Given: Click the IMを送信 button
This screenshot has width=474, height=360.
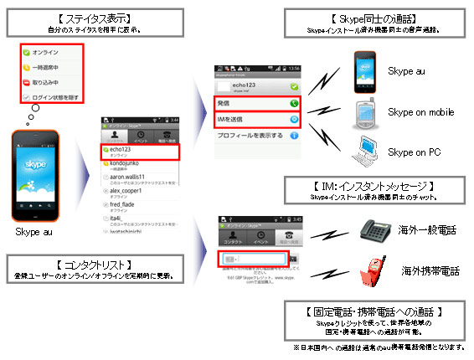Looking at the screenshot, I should [x=252, y=120].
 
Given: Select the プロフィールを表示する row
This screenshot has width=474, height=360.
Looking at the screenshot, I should [x=252, y=136].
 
